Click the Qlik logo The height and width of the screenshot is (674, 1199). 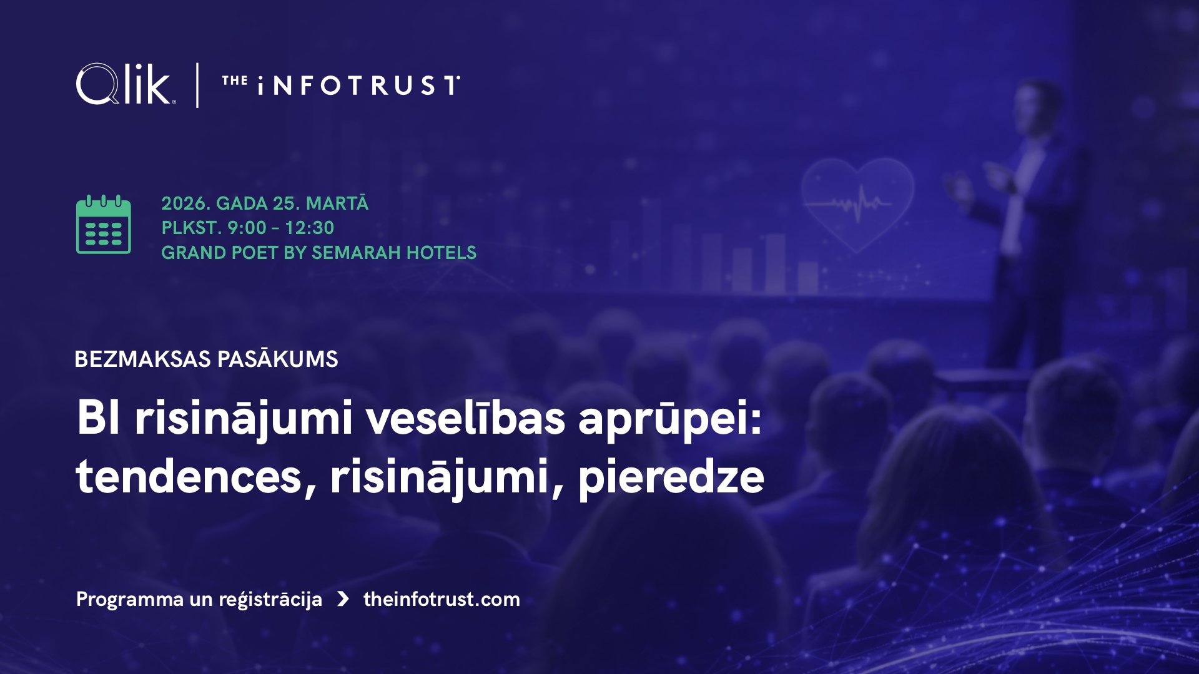coord(126,84)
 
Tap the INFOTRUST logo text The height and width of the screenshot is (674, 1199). coord(341,85)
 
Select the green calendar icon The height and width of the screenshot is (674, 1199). coord(104,224)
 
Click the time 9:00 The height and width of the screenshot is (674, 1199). coord(247,228)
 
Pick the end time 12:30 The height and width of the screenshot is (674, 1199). coord(309,228)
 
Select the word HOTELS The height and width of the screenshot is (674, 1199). coord(441,253)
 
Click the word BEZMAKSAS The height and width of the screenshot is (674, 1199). coord(142,359)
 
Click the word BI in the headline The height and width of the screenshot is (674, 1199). coord(98,418)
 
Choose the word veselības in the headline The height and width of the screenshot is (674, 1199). coord(466,416)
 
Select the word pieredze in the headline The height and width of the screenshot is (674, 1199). coord(671,478)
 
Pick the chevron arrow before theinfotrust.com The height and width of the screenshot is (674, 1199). coord(343,599)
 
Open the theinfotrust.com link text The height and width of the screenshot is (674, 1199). coord(442,599)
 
